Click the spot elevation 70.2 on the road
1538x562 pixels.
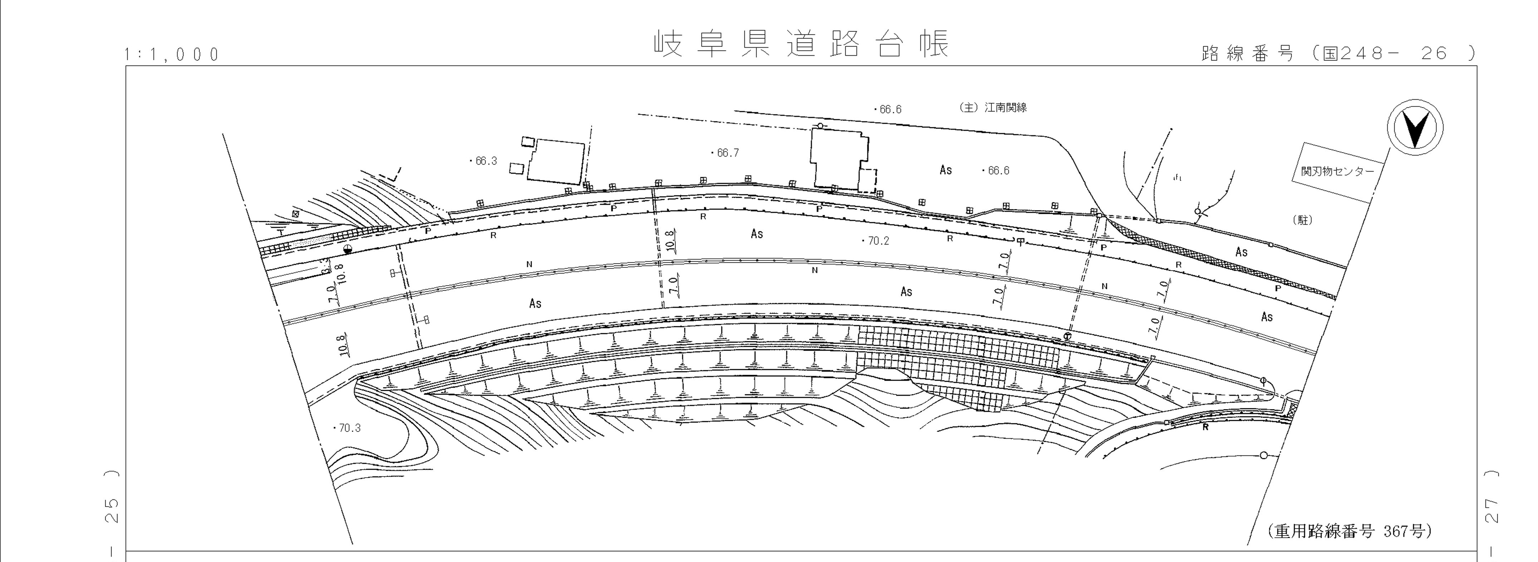[x=877, y=241]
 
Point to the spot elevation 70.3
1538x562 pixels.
[x=348, y=428]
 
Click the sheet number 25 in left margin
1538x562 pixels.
[x=112, y=510]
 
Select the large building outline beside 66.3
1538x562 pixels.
[x=555, y=162]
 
